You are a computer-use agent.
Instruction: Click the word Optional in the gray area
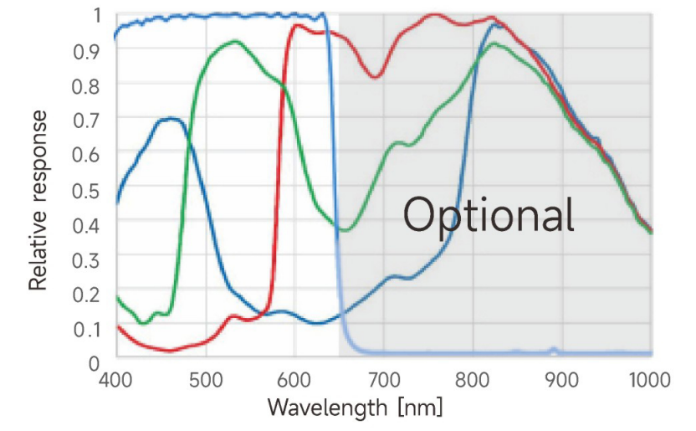tap(489, 214)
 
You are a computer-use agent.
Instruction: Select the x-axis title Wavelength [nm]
tap(355, 408)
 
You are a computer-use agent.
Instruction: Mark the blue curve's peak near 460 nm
tap(171, 118)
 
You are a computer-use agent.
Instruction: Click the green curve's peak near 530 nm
tap(235, 41)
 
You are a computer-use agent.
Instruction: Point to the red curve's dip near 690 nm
tap(375, 77)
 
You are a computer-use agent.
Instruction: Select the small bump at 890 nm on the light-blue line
tap(553, 349)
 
